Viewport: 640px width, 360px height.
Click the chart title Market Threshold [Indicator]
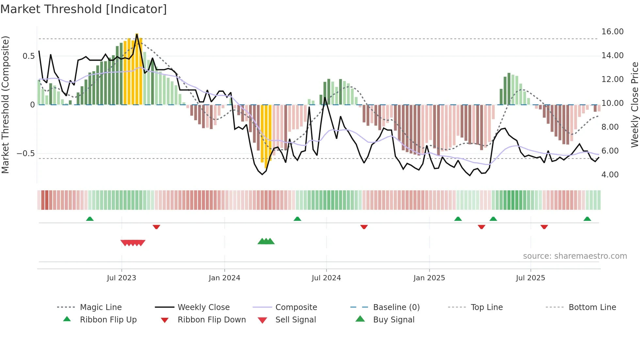coord(84,9)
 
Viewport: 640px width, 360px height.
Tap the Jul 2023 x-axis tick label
coord(121,278)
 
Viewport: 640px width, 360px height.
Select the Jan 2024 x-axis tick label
coord(224,278)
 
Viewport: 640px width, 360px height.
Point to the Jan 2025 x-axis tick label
coord(429,278)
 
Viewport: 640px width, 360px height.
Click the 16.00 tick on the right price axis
coord(612,32)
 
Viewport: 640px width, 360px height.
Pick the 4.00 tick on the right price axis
coord(610,175)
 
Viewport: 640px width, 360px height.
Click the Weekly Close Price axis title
coord(634,105)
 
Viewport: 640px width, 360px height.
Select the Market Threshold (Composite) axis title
coord(5,105)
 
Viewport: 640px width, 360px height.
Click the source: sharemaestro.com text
coord(575,256)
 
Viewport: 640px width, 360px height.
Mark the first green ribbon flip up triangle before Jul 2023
coord(90,219)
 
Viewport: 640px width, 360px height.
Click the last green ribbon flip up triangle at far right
coord(587,219)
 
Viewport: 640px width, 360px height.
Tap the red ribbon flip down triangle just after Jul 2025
coord(544,227)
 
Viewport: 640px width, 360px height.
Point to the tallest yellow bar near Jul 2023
coord(137,69)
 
